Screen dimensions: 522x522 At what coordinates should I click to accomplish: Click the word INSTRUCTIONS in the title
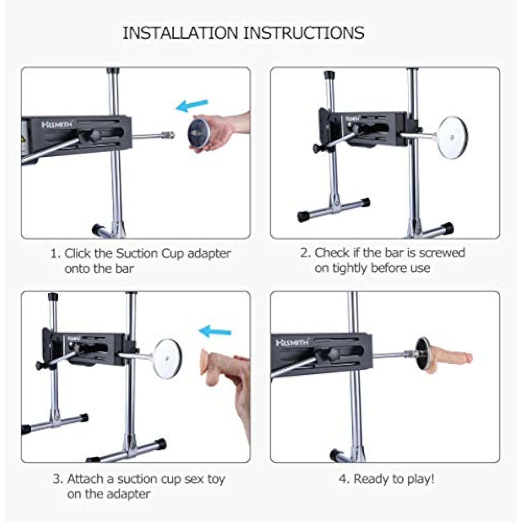click(303, 33)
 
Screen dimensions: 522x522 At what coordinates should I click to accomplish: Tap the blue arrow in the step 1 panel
click(192, 105)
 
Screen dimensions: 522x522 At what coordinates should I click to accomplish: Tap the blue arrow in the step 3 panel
click(215, 331)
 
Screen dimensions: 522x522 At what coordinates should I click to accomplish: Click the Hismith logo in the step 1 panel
click(57, 124)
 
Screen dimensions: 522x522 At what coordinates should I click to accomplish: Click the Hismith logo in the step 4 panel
click(292, 343)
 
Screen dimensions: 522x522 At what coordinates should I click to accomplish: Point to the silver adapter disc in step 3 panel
click(168, 358)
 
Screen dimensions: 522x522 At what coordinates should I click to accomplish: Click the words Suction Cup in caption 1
click(150, 253)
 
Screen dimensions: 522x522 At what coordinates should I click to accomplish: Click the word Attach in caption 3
click(85, 479)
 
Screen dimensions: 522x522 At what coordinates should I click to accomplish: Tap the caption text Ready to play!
click(394, 479)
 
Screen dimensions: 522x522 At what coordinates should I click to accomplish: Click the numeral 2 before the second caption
click(305, 253)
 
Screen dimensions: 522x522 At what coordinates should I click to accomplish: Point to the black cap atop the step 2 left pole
click(329, 75)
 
